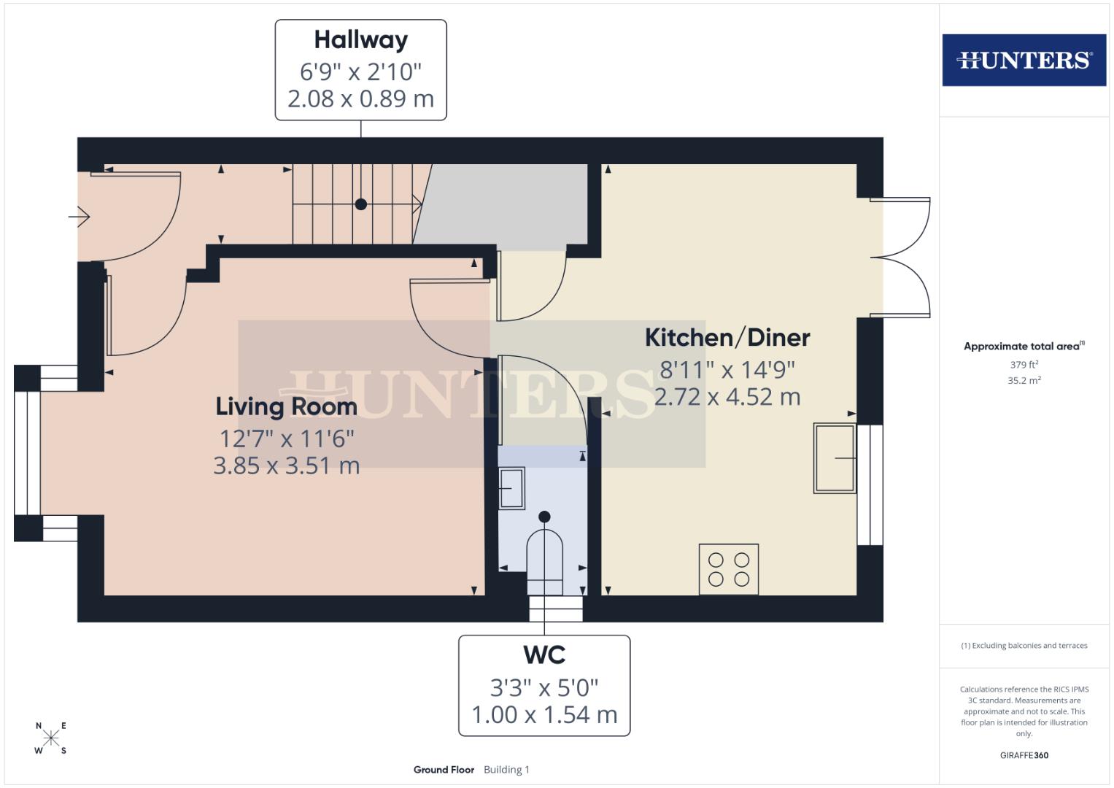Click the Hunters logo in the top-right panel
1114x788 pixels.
point(1024,60)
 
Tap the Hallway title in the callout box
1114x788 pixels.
point(360,39)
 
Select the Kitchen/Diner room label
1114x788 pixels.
point(727,337)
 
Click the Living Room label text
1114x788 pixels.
point(286,406)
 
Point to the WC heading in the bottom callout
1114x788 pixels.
point(544,654)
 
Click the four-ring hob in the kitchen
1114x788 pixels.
point(729,569)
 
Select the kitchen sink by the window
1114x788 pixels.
point(835,458)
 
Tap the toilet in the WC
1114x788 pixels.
point(544,558)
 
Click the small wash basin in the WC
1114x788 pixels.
point(511,487)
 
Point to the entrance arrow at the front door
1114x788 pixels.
point(79,217)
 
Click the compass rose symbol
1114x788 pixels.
point(50,738)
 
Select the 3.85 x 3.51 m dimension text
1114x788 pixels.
point(286,465)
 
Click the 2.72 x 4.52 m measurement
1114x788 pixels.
point(727,397)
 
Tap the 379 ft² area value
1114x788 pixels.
point(1024,364)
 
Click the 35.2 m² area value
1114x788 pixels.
point(1024,380)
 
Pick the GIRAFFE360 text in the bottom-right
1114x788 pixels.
point(1024,755)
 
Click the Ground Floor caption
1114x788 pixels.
point(444,769)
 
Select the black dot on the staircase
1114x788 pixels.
point(360,204)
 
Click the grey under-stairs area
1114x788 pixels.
point(511,204)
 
